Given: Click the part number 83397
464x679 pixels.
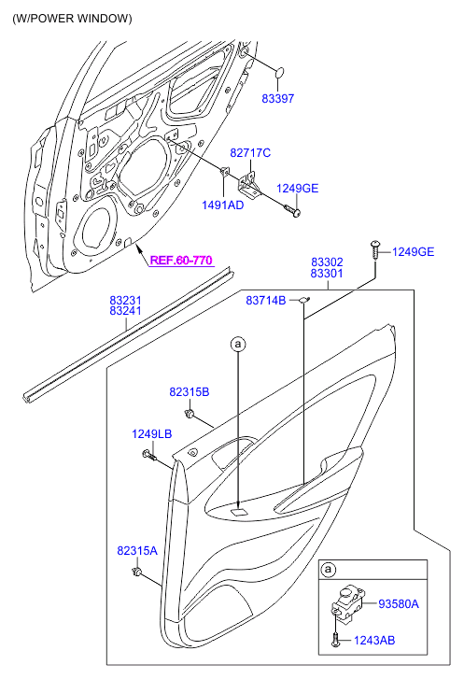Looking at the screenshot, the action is [278, 99].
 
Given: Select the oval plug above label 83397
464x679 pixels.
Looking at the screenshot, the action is [280, 72].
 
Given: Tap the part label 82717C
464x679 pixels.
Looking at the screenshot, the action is [250, 153].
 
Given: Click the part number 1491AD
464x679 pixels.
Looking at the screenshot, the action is [223, 205].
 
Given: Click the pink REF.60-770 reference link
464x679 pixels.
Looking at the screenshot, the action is [181, 261].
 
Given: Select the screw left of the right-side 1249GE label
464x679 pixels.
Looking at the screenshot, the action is [375, 250].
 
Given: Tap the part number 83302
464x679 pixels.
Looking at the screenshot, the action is [327, 262].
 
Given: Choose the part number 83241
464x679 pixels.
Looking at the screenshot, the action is [125, 311].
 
